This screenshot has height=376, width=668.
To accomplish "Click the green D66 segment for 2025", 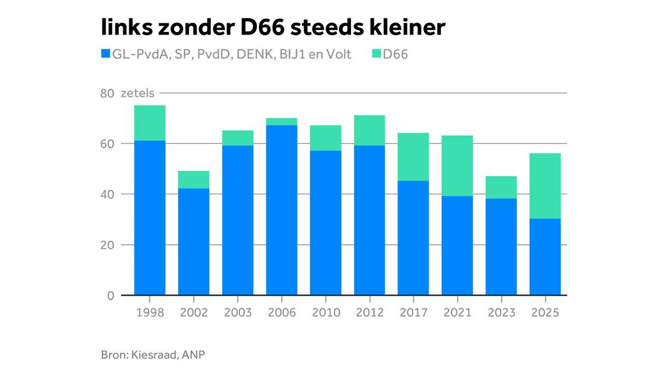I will pos(545,185).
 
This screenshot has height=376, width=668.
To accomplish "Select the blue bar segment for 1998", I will pos(150,217).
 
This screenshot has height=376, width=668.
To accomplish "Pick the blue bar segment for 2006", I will pos(282,210).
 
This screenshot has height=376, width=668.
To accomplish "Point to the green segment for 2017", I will pos(413,157).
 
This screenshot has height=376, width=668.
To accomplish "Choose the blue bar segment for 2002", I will pos(194,242).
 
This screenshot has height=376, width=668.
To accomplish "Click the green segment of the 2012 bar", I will pos(369,131).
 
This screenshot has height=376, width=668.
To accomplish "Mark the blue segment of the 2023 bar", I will pos(501,247).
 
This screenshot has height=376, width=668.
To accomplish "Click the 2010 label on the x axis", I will pos(326,313).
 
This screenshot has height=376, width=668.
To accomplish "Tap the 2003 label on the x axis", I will pos(237,313).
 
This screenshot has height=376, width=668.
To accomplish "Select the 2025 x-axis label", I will pos(545,313).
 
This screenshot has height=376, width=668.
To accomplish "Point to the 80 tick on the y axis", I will pos(107,94).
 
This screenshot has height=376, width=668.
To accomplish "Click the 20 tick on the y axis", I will pos(107,245).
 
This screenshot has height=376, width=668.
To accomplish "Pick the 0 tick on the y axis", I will pos(110,296).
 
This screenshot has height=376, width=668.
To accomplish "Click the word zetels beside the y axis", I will pos(138,94).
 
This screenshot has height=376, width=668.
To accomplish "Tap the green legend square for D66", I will pos(376,54).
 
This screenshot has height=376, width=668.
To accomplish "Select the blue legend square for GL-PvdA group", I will pos(105,54).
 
